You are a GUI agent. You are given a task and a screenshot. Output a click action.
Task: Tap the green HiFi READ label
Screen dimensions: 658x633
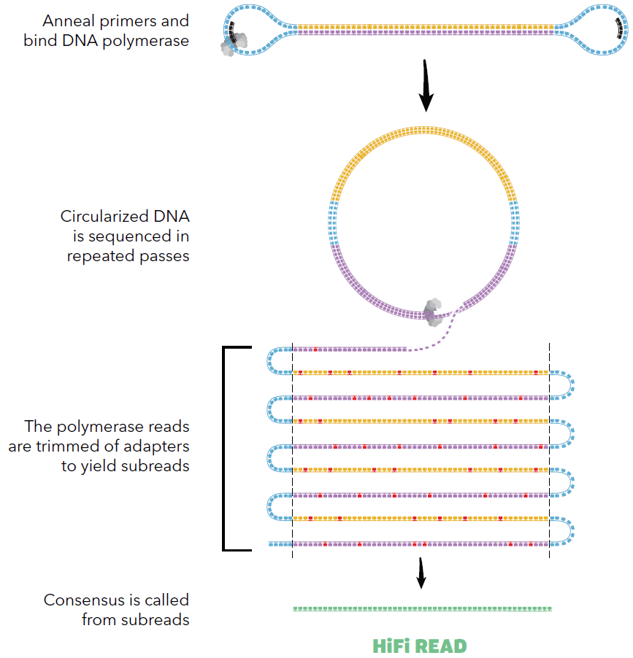(419, 646)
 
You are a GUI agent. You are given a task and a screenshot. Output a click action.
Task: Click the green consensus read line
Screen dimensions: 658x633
(422, 608)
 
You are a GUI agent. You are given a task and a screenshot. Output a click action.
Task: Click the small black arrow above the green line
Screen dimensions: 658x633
(421, 573)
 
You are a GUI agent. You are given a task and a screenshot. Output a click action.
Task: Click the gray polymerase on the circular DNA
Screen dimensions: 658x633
(433, 311)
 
